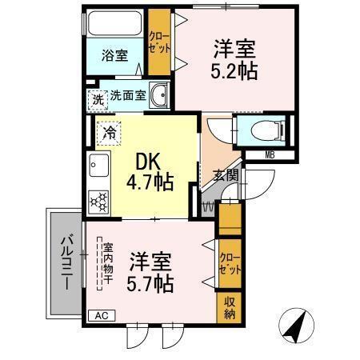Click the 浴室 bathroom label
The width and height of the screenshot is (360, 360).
(114, 56)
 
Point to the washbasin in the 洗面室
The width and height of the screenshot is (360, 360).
(158, 94)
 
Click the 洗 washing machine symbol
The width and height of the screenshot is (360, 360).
(97, 100)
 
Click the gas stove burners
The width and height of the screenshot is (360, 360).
(99, 201)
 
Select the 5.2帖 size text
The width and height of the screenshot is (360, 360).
(233, 70)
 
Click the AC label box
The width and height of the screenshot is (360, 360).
(100, 315)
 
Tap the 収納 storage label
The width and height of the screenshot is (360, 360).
(229, 307)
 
